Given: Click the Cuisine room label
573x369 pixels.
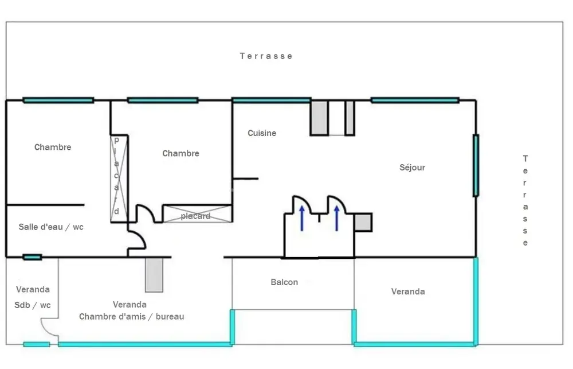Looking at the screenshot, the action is point(262,133).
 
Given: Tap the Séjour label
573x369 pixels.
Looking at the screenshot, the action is point(412,168).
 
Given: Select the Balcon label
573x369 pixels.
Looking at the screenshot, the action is point(284,282).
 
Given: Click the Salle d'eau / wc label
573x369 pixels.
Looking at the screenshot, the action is point(51,227).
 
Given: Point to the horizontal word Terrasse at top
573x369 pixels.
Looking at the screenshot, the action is point(266,56).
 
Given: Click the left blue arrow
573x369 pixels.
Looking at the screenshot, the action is point(302,218).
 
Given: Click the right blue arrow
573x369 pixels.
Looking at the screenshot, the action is point(336,218).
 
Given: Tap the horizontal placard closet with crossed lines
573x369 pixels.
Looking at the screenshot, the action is point(197,214).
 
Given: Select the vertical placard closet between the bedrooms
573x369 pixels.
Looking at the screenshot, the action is point(119,178).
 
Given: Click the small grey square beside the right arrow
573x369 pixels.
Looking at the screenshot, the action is point(363,223).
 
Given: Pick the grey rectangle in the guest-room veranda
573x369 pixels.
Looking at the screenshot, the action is point(154,275).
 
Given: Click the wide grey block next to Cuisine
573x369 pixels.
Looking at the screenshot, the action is point(319,118).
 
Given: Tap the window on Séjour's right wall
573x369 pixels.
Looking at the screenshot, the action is point(476,165).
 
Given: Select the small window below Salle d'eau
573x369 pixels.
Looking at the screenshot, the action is point(32,257).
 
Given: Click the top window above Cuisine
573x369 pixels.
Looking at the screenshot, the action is point(272,100).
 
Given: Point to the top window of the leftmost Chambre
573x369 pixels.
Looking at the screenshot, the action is point(58,100).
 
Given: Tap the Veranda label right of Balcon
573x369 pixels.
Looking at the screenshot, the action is point(408,292).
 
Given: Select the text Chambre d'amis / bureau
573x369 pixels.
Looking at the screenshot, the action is point(132,317).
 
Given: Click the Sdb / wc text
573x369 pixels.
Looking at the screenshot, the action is point(33,305).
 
